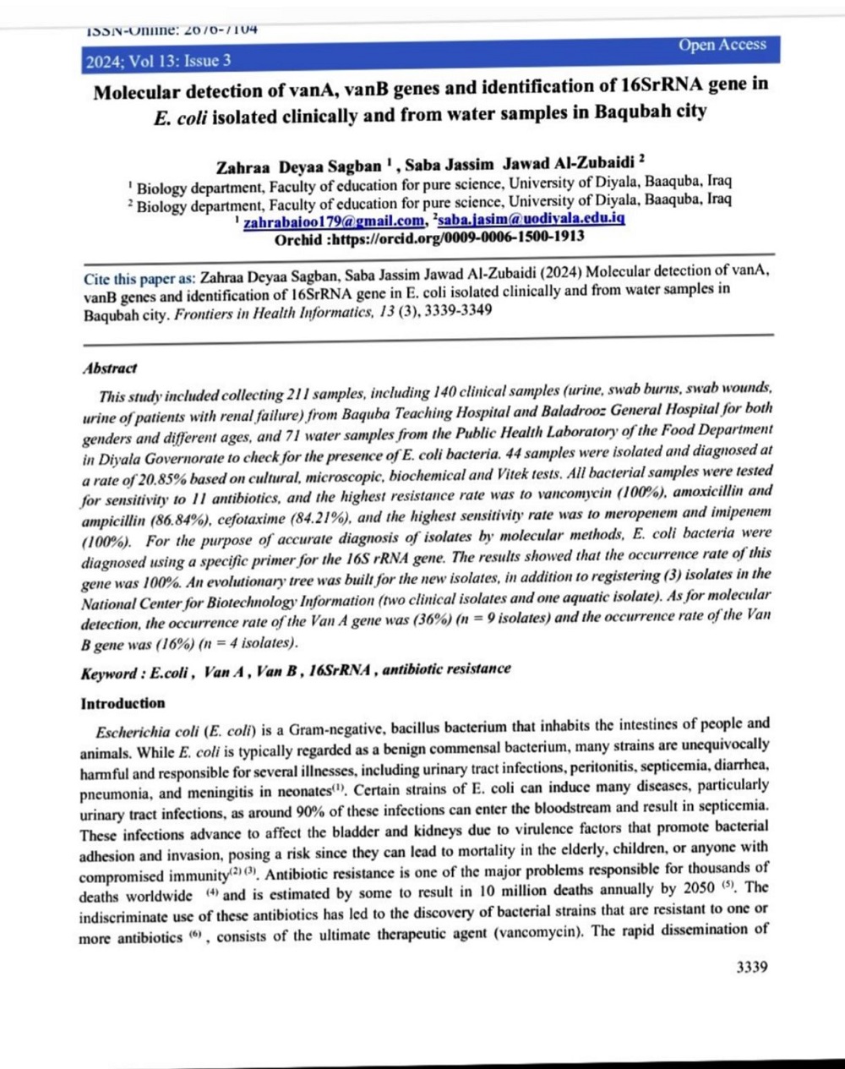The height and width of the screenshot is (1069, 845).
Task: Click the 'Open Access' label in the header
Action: [x=722, y=46]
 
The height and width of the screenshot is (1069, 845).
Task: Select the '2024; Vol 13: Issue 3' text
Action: [x=158, y=61]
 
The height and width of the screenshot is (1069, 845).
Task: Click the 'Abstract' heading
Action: [x=109, y=368]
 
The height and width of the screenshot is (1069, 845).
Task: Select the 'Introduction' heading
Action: [x=123, y=703]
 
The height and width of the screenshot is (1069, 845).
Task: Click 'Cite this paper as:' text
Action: [x=139, y=278]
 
